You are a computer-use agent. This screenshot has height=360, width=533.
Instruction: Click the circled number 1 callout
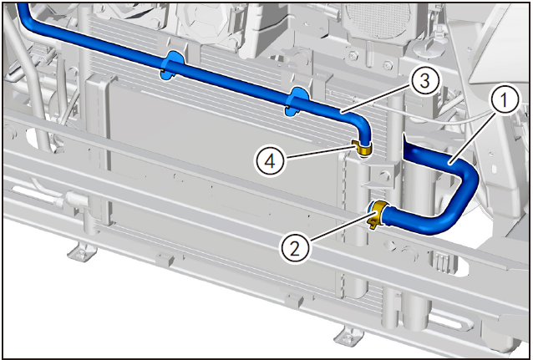pos(504,100)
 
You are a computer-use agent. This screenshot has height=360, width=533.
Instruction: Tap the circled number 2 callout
pos(294,249)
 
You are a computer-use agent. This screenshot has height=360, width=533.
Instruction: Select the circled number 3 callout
pos(424,82)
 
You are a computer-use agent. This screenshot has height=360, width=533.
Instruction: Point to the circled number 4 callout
pos(270,161)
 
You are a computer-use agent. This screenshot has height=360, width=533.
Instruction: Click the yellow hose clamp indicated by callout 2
pos(378,214)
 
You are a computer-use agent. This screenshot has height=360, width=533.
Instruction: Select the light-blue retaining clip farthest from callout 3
pos(171,66)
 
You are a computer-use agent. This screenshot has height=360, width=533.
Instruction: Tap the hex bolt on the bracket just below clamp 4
pos(384,176)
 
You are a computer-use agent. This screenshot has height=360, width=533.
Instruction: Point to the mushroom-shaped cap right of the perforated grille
pos(429,48)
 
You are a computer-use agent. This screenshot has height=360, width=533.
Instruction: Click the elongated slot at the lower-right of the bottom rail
pos(451,319)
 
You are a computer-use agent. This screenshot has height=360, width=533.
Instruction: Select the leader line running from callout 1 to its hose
pos(471,137)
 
